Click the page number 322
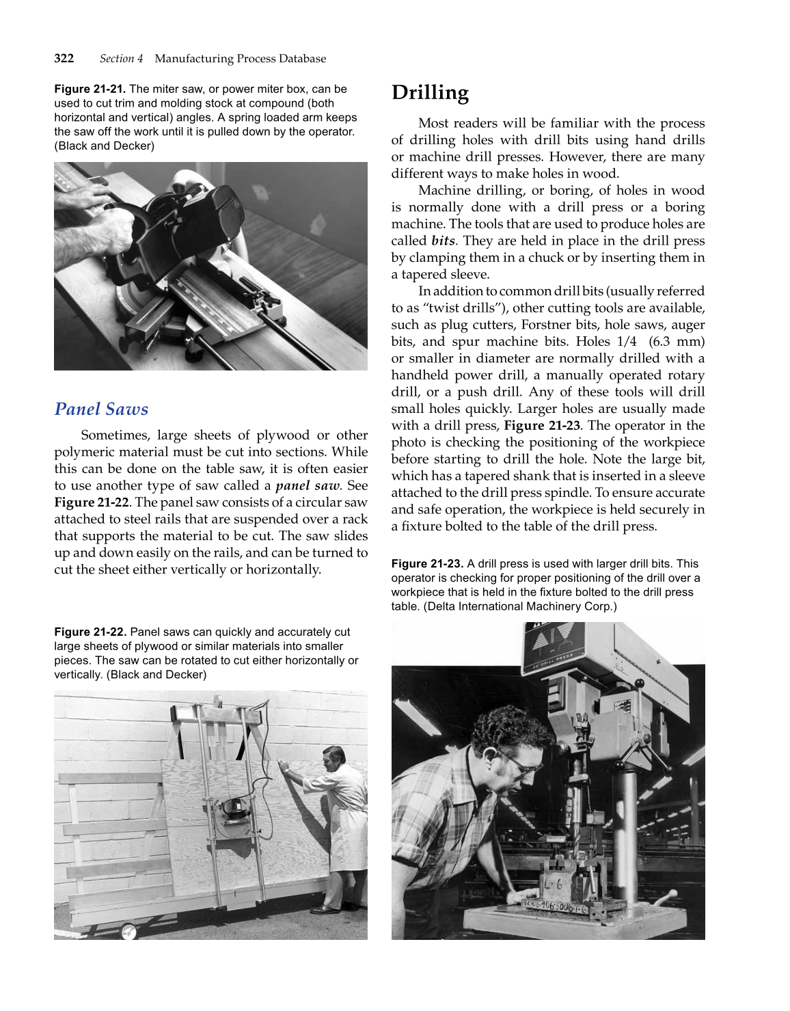pyautogui.click(x=64, y=58)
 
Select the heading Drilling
pyautogui.click(x=430, y=92)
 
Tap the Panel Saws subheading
pyautogui.click(x=101, y=409)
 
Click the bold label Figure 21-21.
pyautogui.click(x=90, y=89)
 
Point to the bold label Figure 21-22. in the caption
pyautogui.click(x=90, y=632)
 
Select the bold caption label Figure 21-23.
pyautogui.click(x=427, y=563)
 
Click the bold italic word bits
pyautogui.click(x=443, y=241)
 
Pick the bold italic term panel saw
pyautogui.click(x=308, y=485)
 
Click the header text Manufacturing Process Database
pyautogui.click(x=240, y=58)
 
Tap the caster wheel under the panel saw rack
pyautogui.click(x=128, y=931)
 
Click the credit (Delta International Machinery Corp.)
pyautogui.click(x=520, y=606)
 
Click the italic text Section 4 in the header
pyautogui.click(x=121, y=58)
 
